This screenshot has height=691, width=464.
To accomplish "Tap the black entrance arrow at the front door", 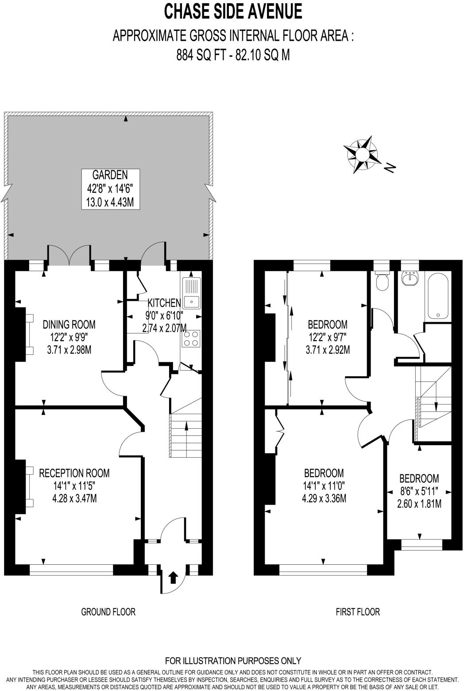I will pyautogui.click(x=173, y=577).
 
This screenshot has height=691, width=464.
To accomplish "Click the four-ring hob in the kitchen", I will pyautogui.click(x=191, y=339).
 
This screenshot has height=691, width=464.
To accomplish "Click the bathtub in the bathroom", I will pyautogui.click(x=439, y=296).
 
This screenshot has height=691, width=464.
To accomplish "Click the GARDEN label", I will pyautogui.click(x=110, y=174).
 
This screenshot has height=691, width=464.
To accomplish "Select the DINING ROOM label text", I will pyautogui.click(x=69, y=325).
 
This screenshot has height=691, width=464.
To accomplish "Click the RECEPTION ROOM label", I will pyautogui.click(x=74, y=473).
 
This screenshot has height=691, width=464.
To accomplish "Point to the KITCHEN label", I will pyautogui.click(x=164, y=303).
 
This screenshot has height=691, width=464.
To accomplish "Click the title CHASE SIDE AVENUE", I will pyautogui.click(x=233, y=12).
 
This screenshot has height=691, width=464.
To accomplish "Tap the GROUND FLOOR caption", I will pyautogui.click(x=108, y=612).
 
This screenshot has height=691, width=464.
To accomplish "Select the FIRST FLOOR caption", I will pyautogui.click(x=357, y=612).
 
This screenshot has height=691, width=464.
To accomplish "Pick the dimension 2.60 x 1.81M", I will pyautogui.click(x=419, y=504).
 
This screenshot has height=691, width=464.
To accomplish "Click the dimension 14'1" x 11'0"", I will pyautogui.click(x=324, y=485).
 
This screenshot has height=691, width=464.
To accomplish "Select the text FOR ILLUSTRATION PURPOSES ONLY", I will pyautogui.click(x=233, y=661).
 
